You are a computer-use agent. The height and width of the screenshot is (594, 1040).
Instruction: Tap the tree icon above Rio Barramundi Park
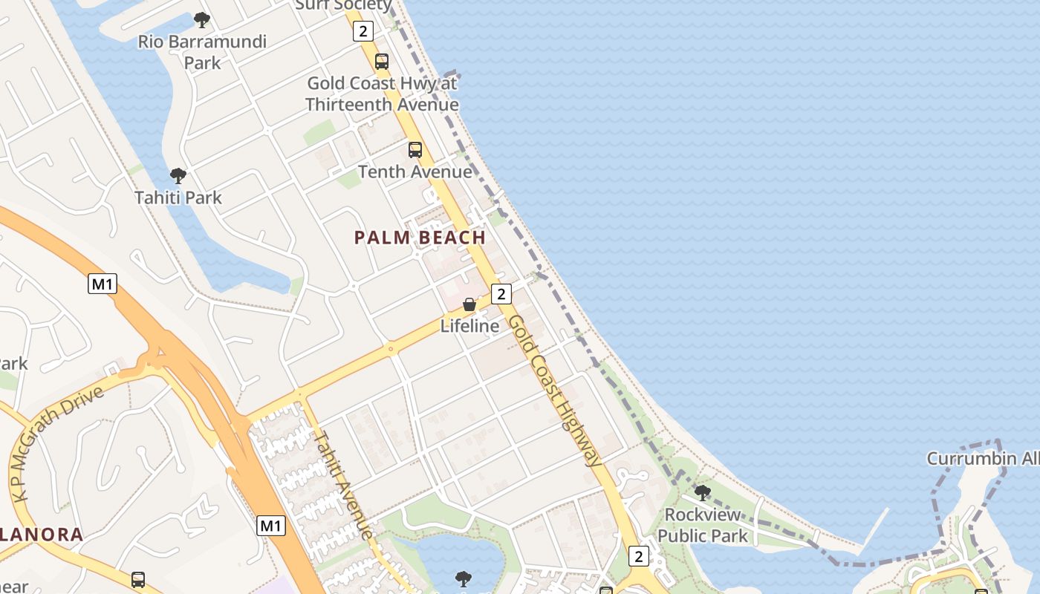click(201, 20)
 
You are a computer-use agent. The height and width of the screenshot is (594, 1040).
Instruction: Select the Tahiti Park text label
click(178, 198)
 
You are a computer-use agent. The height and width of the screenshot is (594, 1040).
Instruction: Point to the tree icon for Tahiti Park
click(178, 176)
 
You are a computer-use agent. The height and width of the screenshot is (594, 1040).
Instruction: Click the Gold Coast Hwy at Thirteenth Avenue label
click(382, 94)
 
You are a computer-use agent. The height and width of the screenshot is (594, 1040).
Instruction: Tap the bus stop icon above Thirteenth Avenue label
click(382, 62)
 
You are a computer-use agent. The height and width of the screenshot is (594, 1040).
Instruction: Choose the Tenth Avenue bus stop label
click(415, 172)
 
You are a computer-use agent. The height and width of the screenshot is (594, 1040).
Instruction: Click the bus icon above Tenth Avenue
click(415, 150)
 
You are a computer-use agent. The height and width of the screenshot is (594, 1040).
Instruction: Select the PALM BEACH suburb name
click(420, 238)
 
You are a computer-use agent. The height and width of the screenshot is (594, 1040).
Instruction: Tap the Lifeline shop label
click(469, 326)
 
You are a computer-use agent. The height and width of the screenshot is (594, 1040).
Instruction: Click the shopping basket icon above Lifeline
click(469, 304)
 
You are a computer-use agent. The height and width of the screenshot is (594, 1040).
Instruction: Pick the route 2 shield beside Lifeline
click(501, 294)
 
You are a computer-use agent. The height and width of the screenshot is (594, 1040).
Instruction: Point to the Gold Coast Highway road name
click(556, 390)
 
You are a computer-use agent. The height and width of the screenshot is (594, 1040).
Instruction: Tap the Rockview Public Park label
click(703, 525)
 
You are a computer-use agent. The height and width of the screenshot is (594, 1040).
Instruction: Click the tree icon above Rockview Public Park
click(702, 492)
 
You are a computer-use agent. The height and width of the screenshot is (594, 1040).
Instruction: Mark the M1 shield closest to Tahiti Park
click(103, 284)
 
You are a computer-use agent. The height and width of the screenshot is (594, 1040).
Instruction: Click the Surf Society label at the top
click(343, 5)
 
